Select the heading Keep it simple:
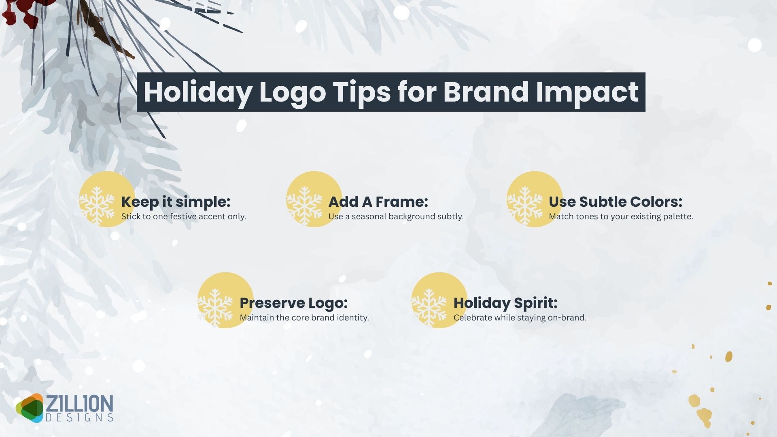[176, 202]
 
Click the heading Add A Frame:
[378, 202]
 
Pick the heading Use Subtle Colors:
[615, 202]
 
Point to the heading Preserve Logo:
[293, 303]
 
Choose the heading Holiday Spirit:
[505, 303]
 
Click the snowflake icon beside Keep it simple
[97, 205]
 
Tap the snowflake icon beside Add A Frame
[304, 205]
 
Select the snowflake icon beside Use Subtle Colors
[525, 205]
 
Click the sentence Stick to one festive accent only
[183, 216]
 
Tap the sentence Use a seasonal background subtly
[396, 216]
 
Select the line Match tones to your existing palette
[621, 216]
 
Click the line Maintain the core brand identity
[304, 318]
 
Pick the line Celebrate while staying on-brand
[520, 318]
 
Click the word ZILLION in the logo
[79, 404]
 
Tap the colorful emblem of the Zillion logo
[30, 408]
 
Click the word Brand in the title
[486, 92]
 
